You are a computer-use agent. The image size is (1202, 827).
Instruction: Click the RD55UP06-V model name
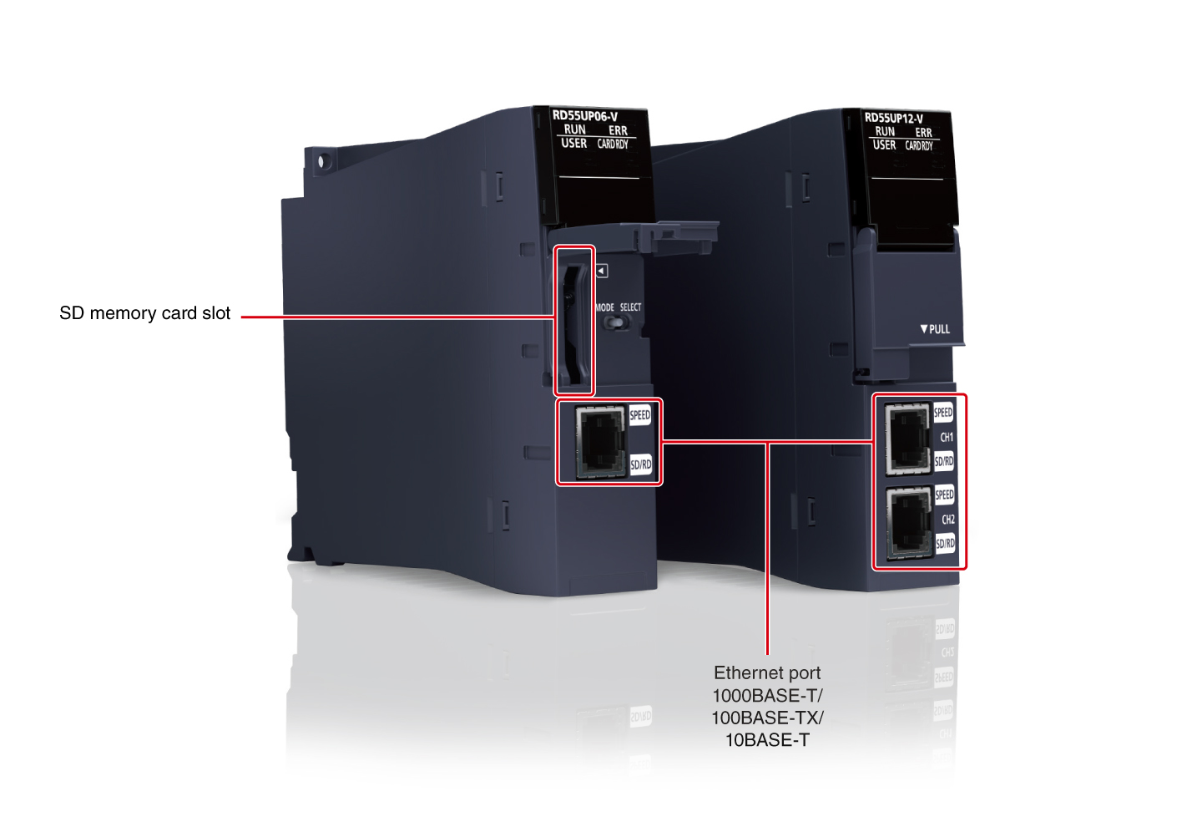coord(585,116)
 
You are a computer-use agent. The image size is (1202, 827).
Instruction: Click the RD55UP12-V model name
coord(894,118)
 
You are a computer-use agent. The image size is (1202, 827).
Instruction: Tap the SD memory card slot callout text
coord(144,313)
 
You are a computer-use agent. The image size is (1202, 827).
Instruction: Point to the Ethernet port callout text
coord(767,673)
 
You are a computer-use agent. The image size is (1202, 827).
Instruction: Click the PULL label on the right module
coord(936,329)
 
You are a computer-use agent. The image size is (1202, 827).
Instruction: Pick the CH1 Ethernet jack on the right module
coord(907,438)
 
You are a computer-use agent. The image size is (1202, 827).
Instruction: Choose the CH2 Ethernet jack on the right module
coord(908,521)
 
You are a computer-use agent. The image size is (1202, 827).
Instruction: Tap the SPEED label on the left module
coord(640,415)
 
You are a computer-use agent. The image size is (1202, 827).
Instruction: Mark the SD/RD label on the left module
coord(640,464)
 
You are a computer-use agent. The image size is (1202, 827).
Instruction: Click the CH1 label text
coord(947,437)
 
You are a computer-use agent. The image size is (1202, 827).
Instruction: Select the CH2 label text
coord(948,520)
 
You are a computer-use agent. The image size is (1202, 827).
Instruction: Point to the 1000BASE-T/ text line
coord(767,696)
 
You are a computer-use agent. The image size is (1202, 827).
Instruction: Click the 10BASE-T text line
coord(767,740)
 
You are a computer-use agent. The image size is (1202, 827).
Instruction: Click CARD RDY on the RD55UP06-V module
coord(613,145)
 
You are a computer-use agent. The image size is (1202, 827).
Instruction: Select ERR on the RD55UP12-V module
coord(923,133)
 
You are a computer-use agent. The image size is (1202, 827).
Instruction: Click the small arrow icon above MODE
coord(602,271)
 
